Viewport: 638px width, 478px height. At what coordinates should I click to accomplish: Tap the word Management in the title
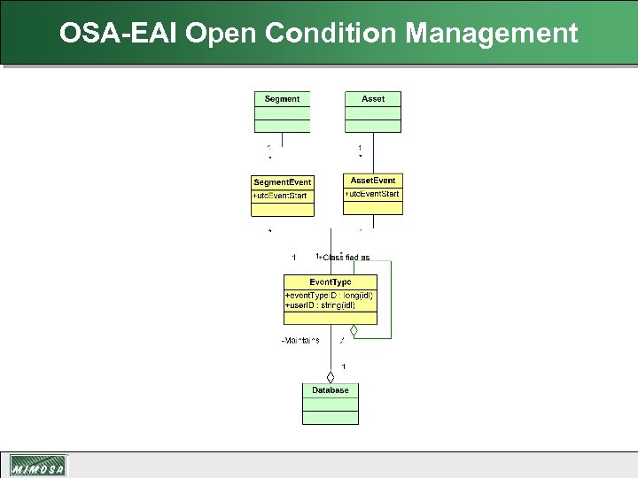[x=492, y=34]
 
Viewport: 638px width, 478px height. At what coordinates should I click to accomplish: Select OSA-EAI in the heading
[x=120, y=34]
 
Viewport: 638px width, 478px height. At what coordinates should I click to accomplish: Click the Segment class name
[x=282, y=99]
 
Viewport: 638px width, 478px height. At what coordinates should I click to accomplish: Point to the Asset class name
[x=373, y=99]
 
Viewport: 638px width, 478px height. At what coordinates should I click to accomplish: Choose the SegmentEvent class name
[x=282, y=182]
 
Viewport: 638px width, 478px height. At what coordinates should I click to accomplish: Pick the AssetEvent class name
[x=373, y=181]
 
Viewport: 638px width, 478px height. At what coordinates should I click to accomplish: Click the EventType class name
[x=330, y=282]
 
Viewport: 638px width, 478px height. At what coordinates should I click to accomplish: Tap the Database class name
[x=330, y=390]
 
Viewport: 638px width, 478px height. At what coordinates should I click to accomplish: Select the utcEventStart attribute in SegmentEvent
[x=281, y=196]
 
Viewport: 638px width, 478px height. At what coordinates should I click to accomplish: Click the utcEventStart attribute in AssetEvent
[x=372, y=194]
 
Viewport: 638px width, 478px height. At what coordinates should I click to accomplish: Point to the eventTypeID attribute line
[x=329, y=295]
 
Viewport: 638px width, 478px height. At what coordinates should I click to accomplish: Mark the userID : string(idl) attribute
[x=320, y=305]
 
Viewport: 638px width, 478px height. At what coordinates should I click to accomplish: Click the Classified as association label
[x=344, y=258]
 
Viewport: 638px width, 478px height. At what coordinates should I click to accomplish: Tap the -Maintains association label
[x=300, y=341]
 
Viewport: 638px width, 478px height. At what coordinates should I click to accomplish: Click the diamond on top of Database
[x=331, y=377]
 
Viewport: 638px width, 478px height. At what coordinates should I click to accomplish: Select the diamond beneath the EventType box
[x=354, y=331]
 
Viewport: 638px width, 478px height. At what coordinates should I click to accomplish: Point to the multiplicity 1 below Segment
[x=269, y=147]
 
